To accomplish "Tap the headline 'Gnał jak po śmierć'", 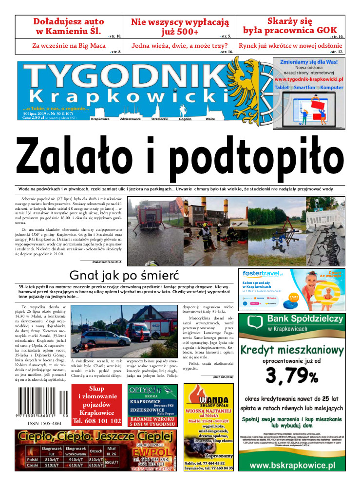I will click(x=124, y=275).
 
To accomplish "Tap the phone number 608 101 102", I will click(x=96, y=420).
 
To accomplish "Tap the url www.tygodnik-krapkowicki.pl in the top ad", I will click(x=309, y=78).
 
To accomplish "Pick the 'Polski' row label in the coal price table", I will click(x=33, y=459).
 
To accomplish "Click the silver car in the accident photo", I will click(x=105, y=339).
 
